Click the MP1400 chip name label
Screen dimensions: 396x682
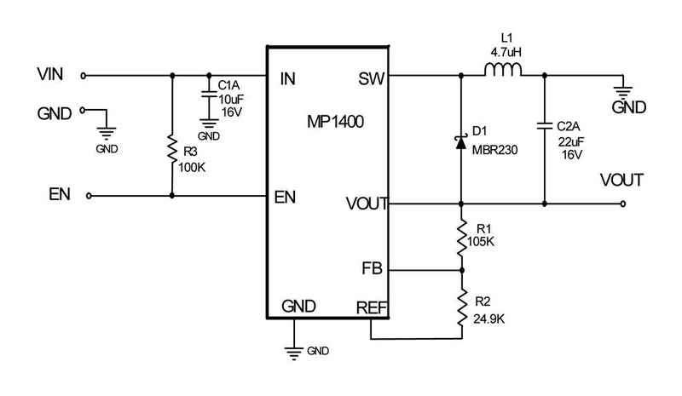pos(337,122)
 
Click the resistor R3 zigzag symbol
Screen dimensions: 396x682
pos(173,147)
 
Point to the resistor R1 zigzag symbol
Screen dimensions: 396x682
pos(461,235)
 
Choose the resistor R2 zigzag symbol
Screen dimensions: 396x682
pos(461,303)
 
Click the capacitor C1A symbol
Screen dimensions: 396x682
pos(207,95)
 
